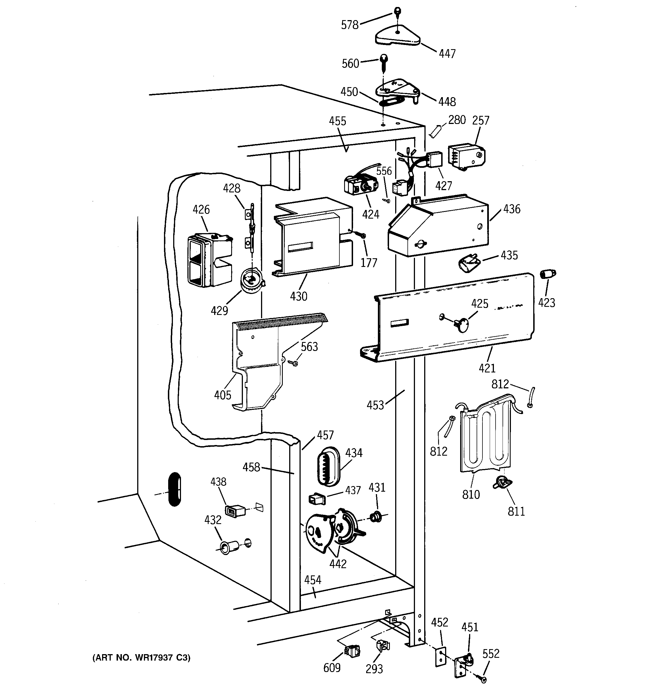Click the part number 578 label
[x=349, y=25]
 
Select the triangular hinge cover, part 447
[x=398, y=36]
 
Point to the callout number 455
[x=337, y=121]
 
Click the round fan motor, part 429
[x=252, y=281]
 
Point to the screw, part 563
[x=294, y=363]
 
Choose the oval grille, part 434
[x=328, y=467]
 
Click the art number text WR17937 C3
[x=141, y=657]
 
